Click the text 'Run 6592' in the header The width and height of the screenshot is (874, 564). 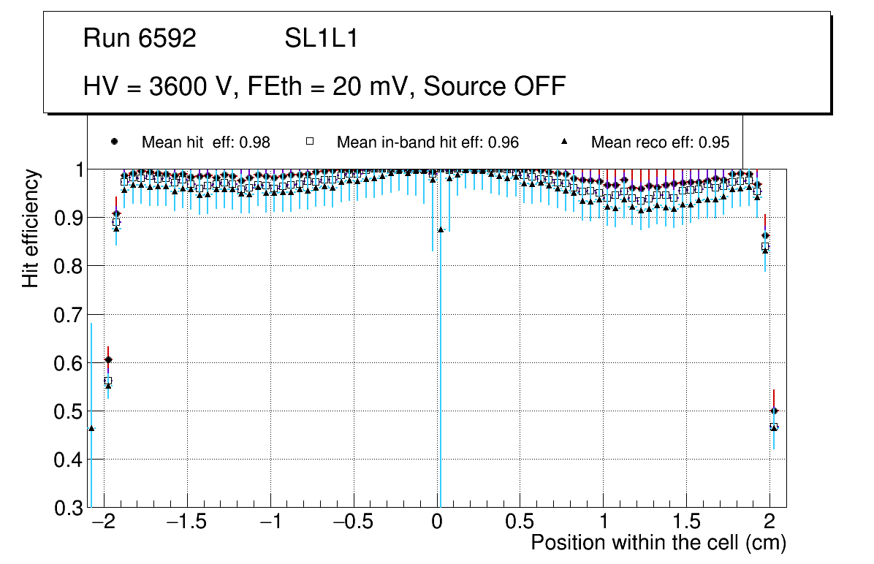tap(140, 39)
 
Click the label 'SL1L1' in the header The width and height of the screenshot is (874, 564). tap(322, 39)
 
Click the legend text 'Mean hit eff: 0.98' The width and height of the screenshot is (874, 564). tap(206, 142)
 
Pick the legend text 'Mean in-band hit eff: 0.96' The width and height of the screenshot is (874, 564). tap(427, 142)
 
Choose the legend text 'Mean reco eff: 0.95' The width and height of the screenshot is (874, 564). tap(660, 142)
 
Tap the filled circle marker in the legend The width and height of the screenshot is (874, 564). tap(114, 142)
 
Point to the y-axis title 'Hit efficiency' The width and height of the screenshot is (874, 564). tap(31, 228)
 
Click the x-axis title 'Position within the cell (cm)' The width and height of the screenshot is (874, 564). tap(658, 543)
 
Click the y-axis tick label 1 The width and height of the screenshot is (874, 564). tap(75, 170)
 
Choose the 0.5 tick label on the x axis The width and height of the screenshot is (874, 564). tap(520, 523)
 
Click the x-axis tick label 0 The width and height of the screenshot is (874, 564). tap(437, 523)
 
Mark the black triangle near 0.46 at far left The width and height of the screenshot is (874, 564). tap(91, 428)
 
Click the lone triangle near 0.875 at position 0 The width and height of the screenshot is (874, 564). tap(441, 229)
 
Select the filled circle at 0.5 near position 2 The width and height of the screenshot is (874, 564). tap(774, 411)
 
